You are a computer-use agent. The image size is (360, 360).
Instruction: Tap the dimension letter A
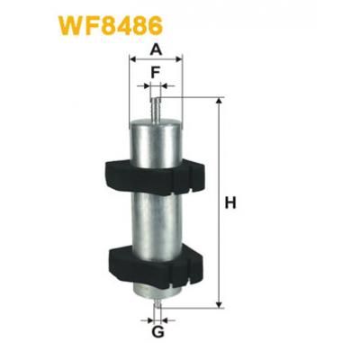pos(156,49)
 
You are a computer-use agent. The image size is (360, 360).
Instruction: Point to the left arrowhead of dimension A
pos(134,60)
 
